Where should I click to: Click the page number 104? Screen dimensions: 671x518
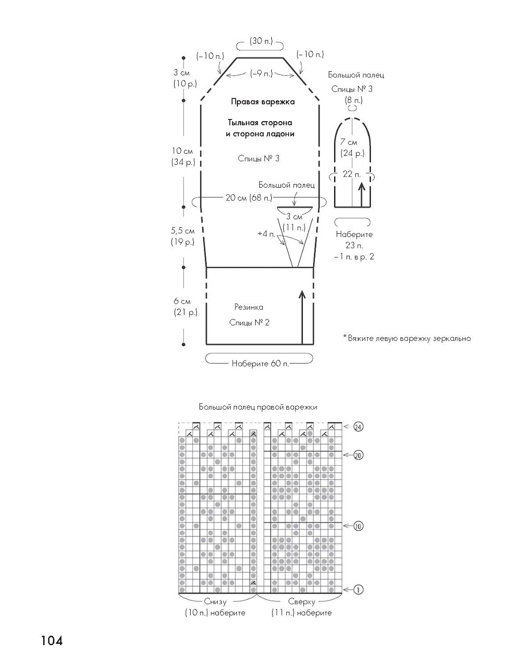click(x=52, y=640)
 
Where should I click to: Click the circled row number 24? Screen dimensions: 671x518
click(x=358, y=427)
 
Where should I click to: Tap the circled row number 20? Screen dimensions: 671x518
click(x=358, y=455)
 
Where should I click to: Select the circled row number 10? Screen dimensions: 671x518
click(x=358, y=526)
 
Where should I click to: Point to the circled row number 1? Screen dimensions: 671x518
click(x=358, y=589)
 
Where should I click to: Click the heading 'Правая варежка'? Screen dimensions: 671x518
click(x=263, y=102)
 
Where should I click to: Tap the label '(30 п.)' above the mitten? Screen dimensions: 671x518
click(x=260, y=41)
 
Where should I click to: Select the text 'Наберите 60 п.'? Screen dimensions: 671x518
click(x=260, y=363)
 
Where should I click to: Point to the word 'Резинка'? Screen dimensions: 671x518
click(x=248, y=307)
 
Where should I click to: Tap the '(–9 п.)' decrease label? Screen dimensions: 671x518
click(x=261, y=74)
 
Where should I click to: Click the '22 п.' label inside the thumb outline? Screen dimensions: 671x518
click(x=352, y=174)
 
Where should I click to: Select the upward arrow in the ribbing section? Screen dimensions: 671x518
click(x=302, y=317)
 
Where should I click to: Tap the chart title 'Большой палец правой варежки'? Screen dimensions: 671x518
click(x=258, y=407)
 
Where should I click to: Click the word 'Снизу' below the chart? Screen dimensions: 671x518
click(x=215, y=602)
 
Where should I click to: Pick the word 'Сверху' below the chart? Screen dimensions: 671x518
click(x=301, y=602)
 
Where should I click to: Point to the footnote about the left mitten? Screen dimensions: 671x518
click(x=407, y=338)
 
